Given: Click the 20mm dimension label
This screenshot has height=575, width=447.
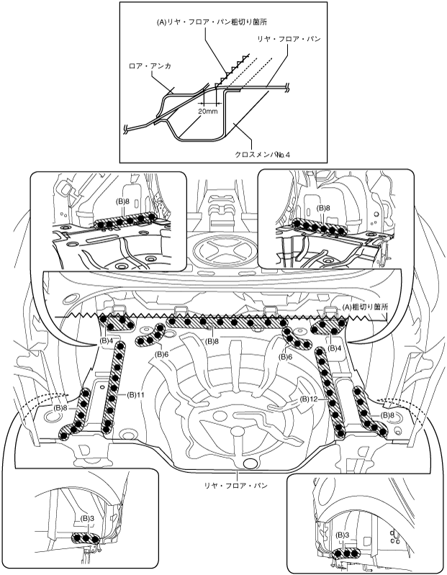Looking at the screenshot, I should [x=207, y=112].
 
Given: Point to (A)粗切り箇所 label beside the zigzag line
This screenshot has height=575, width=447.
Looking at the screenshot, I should [x=368, y=307].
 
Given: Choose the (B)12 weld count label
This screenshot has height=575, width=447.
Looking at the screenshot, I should [x=310, y=398].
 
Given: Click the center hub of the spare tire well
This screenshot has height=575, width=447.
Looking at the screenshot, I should [x=235, y=431].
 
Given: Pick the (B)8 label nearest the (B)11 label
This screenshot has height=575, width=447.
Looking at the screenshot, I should [x=61, y=407].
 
